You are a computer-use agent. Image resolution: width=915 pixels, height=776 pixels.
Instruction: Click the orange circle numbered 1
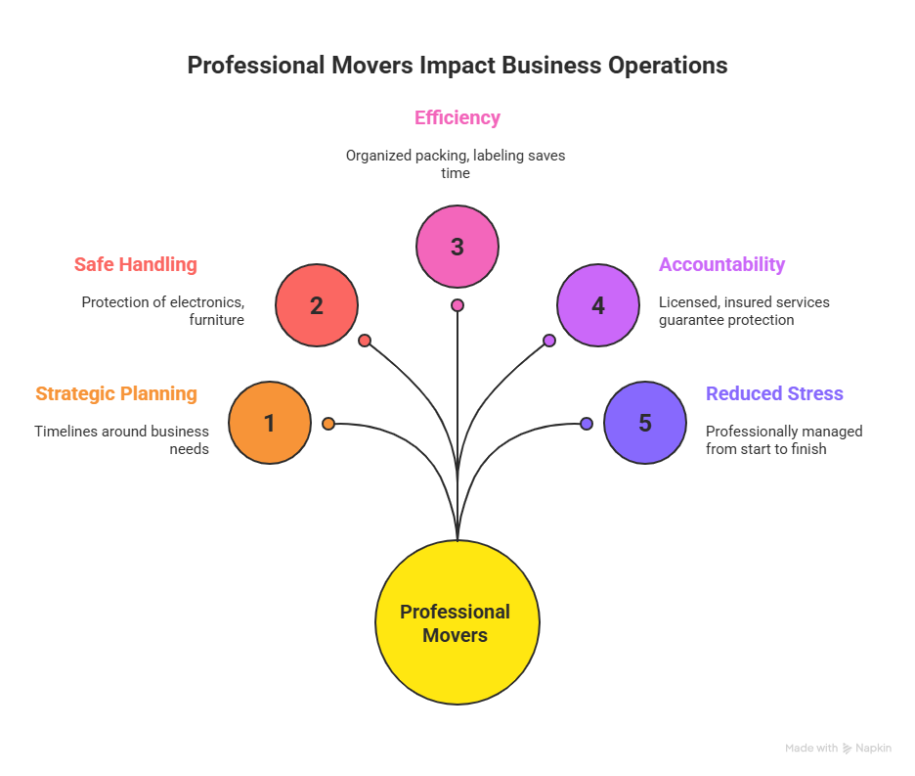pyautogui.click(x=270, y=423)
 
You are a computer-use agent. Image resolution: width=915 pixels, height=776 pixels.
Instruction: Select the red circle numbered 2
pyautogui.click(x=317, y=305)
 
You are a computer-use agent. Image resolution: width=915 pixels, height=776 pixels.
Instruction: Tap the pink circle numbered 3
pyautogui.click(x=457, y=247)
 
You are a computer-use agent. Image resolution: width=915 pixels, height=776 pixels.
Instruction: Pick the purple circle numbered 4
pyautogui.click(x=598, y=305)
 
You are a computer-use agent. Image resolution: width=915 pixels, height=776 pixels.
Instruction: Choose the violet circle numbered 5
pyautogui.click(x=645, y=423)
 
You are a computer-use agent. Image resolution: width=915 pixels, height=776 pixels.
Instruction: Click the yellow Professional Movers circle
pyautogui.click(x=457, y=622)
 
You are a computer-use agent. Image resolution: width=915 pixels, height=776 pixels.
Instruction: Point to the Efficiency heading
pyautogui.click(x=457, y=118)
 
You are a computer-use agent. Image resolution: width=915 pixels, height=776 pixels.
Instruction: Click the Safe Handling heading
pyautogui.click(x=136, y=264)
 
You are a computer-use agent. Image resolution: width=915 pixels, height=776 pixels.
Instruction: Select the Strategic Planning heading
pyautogui.click(x=116, y=393)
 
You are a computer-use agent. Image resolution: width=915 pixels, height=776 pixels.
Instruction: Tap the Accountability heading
pyautogui.click(x=722, y=264)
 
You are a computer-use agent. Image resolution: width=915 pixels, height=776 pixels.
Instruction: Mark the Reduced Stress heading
pyautogui.click(x=775, y=393)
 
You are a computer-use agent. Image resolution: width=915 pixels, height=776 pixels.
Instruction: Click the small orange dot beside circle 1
pyautogui.click(x=328, y=424)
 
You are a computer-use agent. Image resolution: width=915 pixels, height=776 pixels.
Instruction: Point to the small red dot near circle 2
pyautogui.click(x=365, y=341)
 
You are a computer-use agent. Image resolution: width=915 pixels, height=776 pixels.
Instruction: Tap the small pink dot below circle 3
pyautogui.click(x=457, y=305)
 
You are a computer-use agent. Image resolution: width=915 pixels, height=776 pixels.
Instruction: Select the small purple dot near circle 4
pyautogui.click(x=549, y=341)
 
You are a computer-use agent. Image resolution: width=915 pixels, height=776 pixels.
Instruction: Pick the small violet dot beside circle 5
pyautogui.click(x=587, y=424)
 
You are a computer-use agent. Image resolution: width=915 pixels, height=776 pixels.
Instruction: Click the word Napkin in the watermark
pyautogui.click(x=874, y=749)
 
